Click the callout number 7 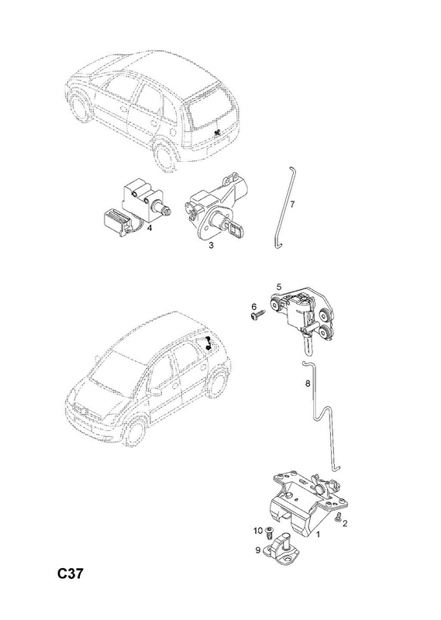coord(292,205)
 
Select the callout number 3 coord(212,246)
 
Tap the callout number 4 coord(150,228)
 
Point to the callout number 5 coord(279,287)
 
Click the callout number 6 coord(254,306)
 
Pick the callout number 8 coord(308,383)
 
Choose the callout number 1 coord(318,535)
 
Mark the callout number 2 coord(345,524)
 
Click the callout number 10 coord(258,531)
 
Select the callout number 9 coord(258,549)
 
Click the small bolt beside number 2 coord(338,518)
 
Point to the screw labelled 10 coord(270,533)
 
